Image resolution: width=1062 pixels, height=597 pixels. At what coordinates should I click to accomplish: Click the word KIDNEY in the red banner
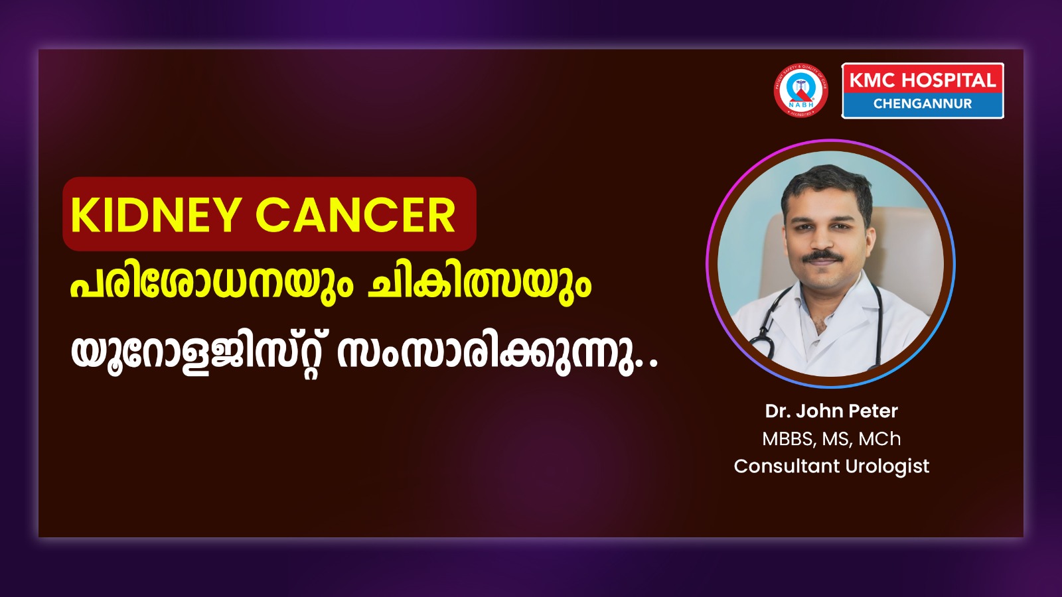[x=153, y=215]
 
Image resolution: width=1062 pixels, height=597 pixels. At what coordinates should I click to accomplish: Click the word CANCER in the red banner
[x=356, y=215]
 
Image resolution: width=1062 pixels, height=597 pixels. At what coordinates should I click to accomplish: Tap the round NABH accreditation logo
[x=800, y=90]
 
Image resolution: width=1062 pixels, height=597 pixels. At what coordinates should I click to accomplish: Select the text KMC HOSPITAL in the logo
[x=922, y=80]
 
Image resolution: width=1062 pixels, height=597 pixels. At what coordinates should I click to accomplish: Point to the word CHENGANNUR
[x=923, y=103]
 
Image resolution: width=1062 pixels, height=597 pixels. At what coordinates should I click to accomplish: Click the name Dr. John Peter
[x=831, y=411]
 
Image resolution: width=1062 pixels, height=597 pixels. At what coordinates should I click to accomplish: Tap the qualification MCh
[x=879, y=439]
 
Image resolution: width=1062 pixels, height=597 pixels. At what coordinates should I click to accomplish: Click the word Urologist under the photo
[x=887, y=467]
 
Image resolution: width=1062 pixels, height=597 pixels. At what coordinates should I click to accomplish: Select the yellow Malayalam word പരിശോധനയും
[x=212, y=285]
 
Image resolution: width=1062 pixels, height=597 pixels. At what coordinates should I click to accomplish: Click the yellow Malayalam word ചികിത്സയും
[x=479, y=285]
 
